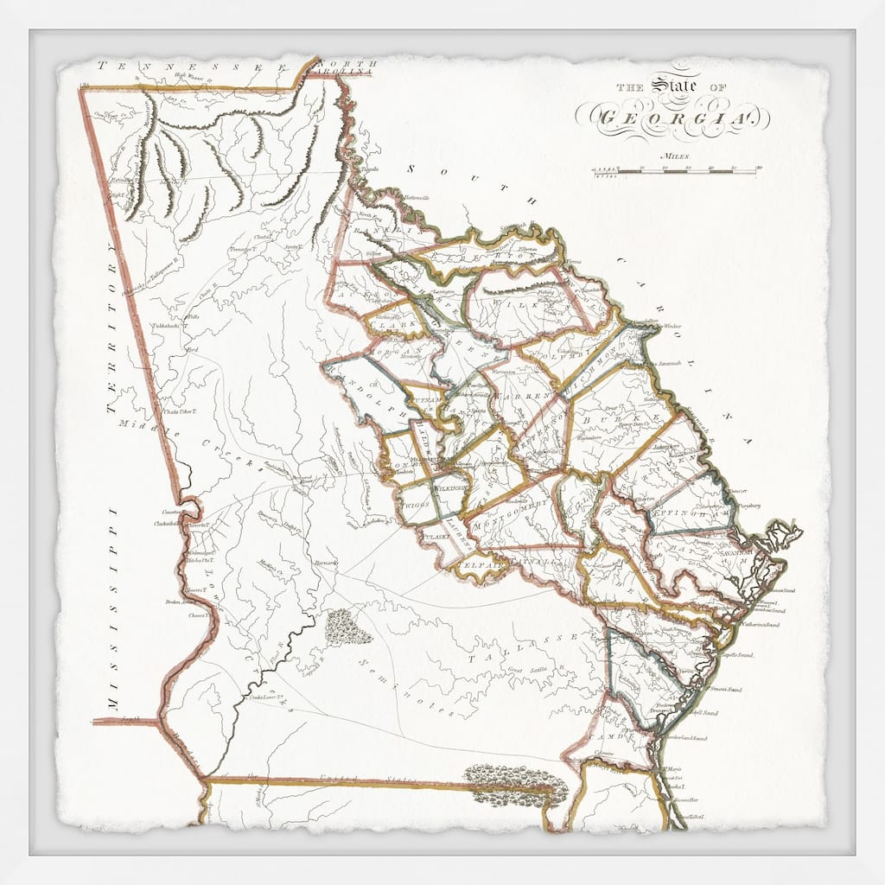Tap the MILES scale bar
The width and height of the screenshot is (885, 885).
coord(674,171)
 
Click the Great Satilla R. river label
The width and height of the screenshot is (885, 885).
coord(527,671)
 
